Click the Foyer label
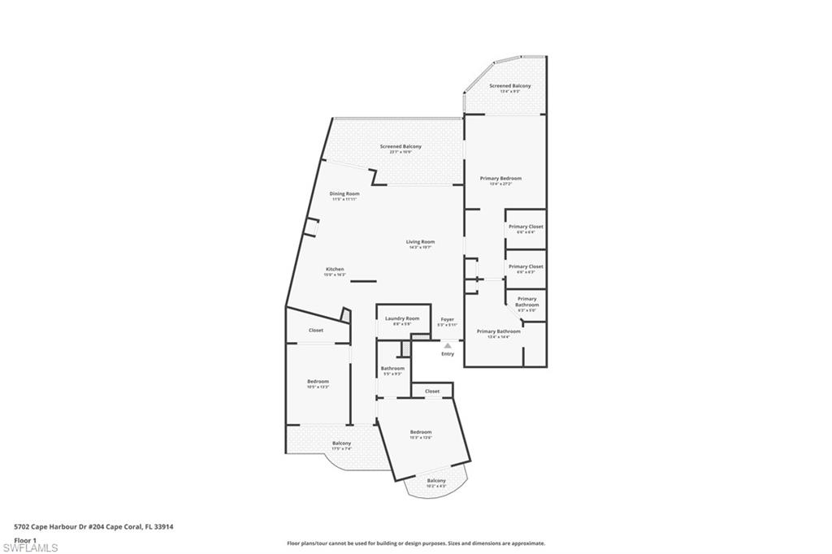(x=447, y=321)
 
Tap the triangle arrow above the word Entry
(x=447, y=345)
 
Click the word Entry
(x=448, y=353)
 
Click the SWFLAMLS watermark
(x=29, y=548)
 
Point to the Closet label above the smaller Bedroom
(x=316, y=331)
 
